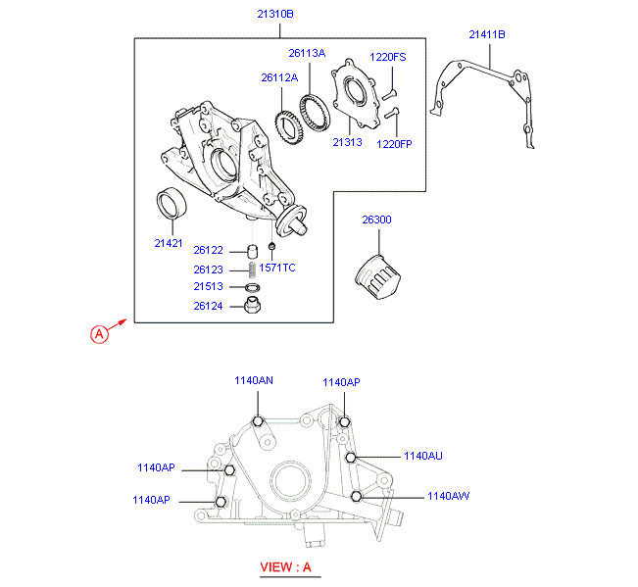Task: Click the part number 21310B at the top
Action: coord(275,14)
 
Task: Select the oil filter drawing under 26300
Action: coord(377,277)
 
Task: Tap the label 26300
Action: coord(376,220)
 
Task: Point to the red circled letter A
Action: coord(99,334)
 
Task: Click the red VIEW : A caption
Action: coord(285,566)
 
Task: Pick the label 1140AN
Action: coord(254,380)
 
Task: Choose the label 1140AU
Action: coord(423,456)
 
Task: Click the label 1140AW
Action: coord(449,496)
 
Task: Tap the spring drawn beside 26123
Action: coord(252,269)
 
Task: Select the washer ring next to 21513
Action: coord(252,287)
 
